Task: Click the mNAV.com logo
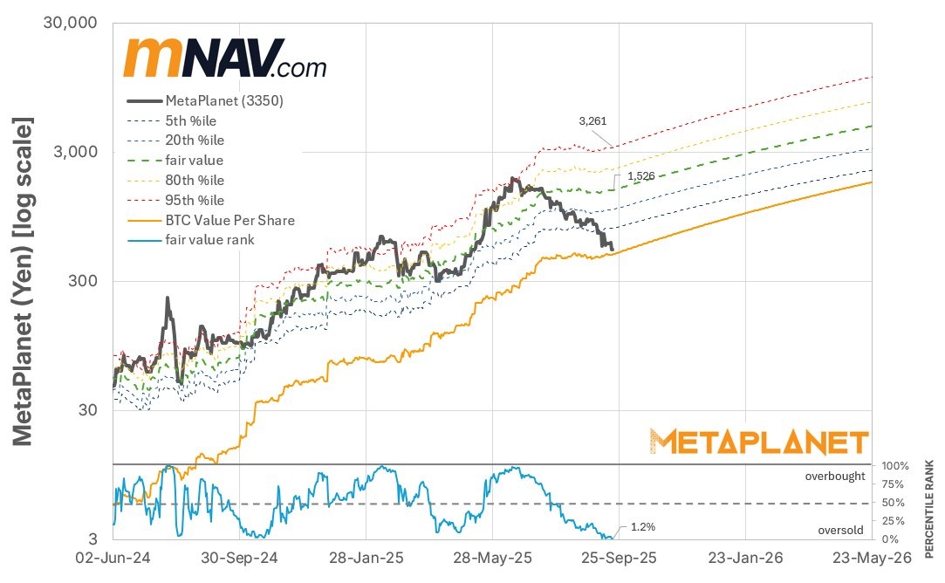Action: pos(225,59)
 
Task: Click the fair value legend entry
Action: pos(194,161)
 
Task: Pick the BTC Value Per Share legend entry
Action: pos(229,220)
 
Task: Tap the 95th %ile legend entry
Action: pos(194,200)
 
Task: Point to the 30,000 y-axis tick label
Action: pos(69,23)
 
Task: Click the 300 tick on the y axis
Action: pos(83,281)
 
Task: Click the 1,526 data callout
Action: pos(641,175)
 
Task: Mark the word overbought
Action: pos(835,477)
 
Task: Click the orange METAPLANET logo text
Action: pos(759,442)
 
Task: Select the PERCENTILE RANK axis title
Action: pos(931,508)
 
